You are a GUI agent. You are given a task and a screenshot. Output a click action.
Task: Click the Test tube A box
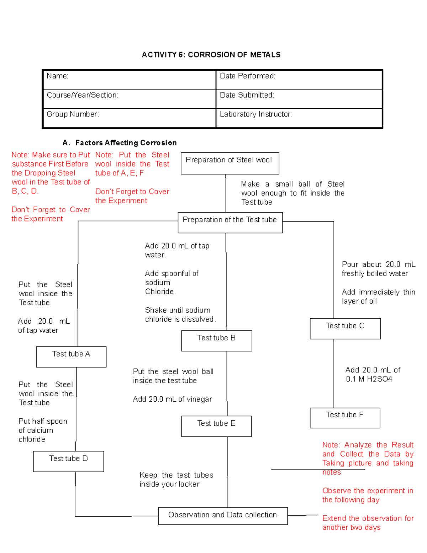[x=71, y=357]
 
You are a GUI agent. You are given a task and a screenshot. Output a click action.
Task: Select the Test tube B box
[x=216, y=341]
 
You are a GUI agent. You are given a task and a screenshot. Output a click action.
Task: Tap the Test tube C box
[x=345, y=329]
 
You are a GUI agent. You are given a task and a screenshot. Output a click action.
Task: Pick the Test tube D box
[x=68, y=461]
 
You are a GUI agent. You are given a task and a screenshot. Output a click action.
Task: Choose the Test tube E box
[x=216, y=426]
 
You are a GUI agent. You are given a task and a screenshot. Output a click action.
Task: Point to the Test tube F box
[x=345, y=418]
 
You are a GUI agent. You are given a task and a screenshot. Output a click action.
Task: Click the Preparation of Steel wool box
[x=230, y=163]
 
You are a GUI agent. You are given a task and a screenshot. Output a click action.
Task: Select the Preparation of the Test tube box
[x=230, y=223]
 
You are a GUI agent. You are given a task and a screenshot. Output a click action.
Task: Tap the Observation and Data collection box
[x=223, y=516]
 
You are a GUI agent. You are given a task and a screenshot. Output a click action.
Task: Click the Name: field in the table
[x=129, y=80]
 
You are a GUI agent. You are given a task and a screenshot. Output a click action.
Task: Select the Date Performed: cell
[x=299, y=80]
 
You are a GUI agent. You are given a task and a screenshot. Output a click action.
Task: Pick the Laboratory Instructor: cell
[x=299, y=118]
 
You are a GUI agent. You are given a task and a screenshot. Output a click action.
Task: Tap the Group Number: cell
[x=129, y=118]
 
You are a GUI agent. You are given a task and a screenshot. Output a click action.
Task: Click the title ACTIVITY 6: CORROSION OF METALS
[x=211, y=55]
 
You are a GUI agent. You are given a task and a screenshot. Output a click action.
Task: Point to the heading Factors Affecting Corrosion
[x=126, y=143]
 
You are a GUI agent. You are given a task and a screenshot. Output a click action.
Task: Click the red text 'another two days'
[x=351, y=527]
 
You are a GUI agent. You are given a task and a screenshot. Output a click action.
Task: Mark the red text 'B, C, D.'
[x=25, y=191]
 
